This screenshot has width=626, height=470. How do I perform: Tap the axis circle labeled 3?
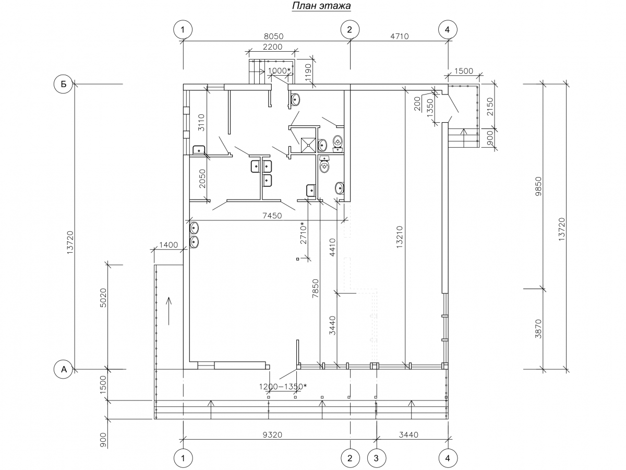pos(376,459)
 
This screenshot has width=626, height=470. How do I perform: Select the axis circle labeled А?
pos(64,369)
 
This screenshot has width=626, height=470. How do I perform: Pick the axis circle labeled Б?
pos(64,84)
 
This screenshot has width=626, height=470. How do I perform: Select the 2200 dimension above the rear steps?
pos(271,47)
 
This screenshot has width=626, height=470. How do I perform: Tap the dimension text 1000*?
pos(279,70)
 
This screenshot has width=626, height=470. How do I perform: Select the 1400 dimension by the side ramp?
pos(168,245)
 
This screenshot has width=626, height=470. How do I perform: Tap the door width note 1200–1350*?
pos(282,386)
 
